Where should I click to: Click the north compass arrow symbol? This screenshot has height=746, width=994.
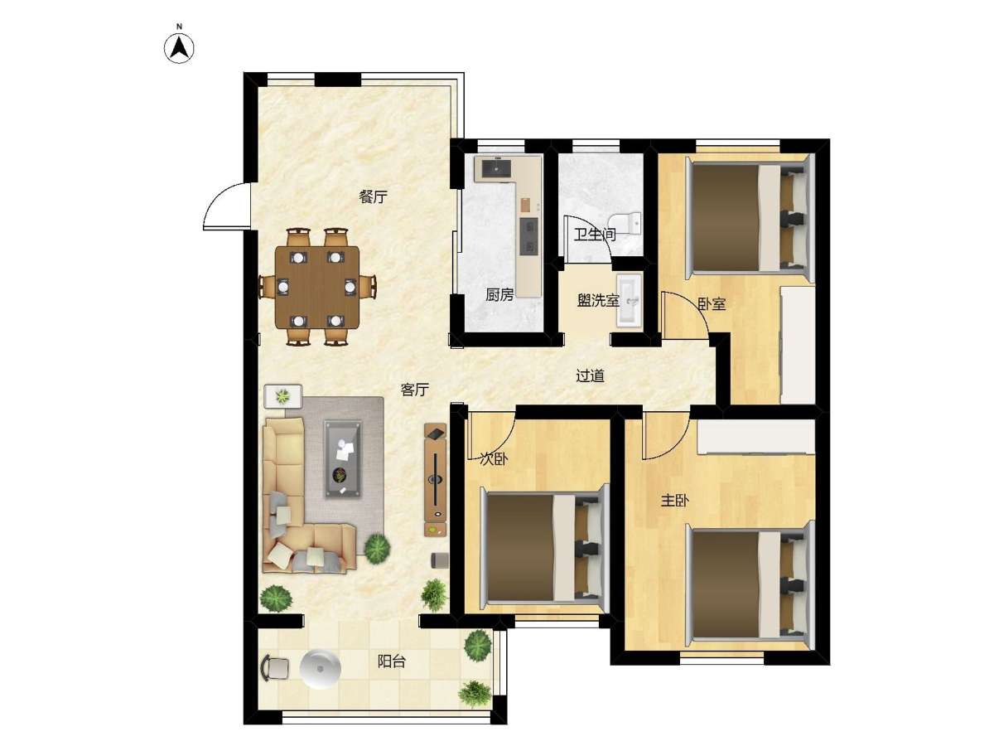179,48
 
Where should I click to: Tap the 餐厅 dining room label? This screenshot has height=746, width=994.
373,197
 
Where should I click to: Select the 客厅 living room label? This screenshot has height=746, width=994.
414,390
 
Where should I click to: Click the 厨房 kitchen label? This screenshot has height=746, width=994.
499,295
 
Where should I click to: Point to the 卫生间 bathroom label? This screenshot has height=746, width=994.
595,235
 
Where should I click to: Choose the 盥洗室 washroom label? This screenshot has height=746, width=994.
598,300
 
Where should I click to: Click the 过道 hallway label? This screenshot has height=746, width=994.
590,375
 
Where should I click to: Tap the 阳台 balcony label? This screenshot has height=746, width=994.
392,661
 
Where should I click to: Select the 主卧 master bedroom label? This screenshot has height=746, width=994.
675,501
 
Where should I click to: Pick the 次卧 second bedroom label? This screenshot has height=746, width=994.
494,460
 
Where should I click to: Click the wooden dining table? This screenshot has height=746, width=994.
317,287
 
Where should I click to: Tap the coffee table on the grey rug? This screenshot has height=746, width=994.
343,459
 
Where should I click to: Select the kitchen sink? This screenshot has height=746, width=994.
496,168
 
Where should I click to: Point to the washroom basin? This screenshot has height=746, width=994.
629,299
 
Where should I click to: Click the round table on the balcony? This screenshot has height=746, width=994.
321,669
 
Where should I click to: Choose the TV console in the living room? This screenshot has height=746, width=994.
435,480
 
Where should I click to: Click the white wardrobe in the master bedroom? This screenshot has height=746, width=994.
755,437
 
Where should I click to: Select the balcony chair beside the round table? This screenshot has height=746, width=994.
275,667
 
